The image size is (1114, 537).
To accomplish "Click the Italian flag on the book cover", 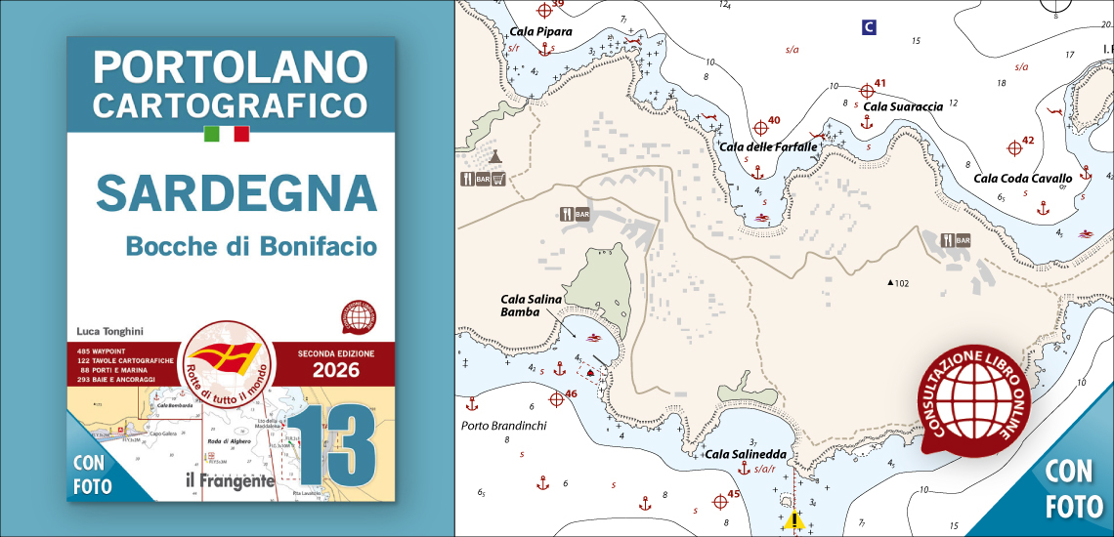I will coord(227,134).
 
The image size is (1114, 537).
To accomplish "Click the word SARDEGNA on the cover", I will coord(236,192).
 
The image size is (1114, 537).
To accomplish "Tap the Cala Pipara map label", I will coord(540,31).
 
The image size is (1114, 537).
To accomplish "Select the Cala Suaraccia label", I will coord(903,105).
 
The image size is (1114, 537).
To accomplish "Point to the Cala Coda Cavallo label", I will coord(1022,179).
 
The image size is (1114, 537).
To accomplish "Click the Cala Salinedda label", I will coord(746,454).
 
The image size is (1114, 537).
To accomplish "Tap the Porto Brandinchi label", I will coord(503,426).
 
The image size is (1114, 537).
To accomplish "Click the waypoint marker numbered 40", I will coord(761,127).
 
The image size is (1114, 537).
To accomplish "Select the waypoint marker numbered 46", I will coord(557,398).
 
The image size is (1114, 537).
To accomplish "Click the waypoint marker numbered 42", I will coord(1014,146).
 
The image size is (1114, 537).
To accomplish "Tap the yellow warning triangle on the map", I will coord(793,520).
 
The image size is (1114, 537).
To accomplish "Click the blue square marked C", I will coord(868,27).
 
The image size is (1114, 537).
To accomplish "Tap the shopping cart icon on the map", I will coord(497,179).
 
